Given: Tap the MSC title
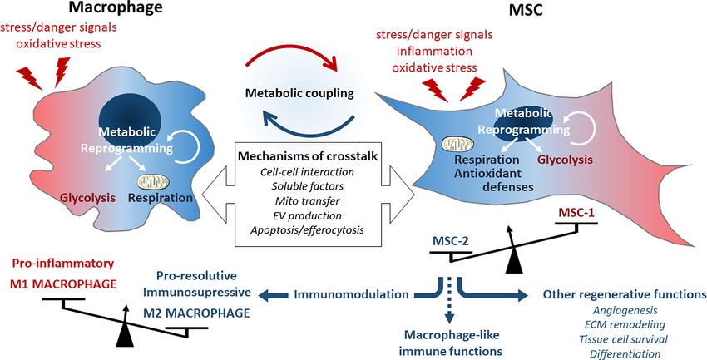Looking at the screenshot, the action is point(526,9).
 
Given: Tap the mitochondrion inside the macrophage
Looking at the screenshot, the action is point(153,182).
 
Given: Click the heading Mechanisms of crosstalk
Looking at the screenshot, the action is point(308,156).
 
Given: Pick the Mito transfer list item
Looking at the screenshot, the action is point(307,200).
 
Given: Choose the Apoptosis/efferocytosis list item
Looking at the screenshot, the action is point(307,230).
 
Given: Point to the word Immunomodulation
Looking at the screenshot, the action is point(351,294).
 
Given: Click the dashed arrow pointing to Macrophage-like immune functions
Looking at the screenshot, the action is point(448,301).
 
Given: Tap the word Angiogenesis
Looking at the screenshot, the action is point(624,310).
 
